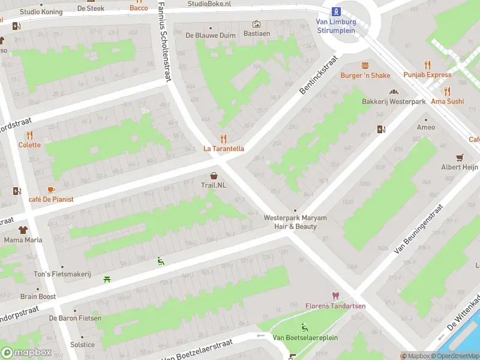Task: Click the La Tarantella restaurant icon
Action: [x=223, y=139]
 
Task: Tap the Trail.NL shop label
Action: [x=214, y=185]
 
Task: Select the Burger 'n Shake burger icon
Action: [x=365, y=65]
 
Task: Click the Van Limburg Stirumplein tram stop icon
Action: [x=336, y=11]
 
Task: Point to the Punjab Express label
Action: [x=427, y=75]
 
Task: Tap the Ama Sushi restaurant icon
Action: [x=447, y=91]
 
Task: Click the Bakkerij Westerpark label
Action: [x=394, y=101]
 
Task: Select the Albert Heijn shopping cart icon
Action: [x=460, y=157]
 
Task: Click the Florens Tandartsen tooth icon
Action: [x=335, y=296]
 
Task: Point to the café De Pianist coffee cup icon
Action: [x=51, y=190]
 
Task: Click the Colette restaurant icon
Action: [x=29, y=135]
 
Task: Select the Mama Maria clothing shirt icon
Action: [x=23, y=230]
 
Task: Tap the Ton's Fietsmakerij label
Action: [x=62, y=274]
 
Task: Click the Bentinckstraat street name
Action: [x=319, y=75]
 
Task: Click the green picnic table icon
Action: [x=107, y=278]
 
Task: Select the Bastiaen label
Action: [x=256, y=34]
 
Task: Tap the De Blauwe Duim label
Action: [x=211, y=35]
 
